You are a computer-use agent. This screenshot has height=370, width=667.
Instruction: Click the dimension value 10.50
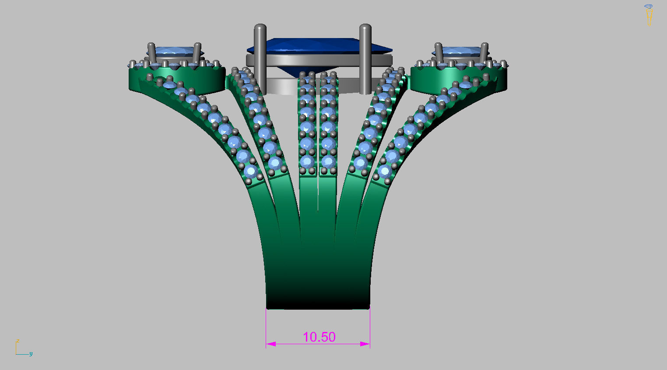point(319,337)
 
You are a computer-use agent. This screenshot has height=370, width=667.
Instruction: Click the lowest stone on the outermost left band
point(251,171)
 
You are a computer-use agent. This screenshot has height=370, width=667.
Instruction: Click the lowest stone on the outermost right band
point(385,171)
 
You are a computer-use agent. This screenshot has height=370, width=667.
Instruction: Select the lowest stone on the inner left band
point(275,164)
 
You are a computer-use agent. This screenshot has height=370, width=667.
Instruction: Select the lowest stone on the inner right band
point(360,164)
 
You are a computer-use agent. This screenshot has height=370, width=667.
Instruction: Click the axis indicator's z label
point(18,341)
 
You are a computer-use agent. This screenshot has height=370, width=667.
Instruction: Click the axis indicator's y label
point(31,354)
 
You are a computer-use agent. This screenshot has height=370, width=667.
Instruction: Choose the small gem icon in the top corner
point(648,7)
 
